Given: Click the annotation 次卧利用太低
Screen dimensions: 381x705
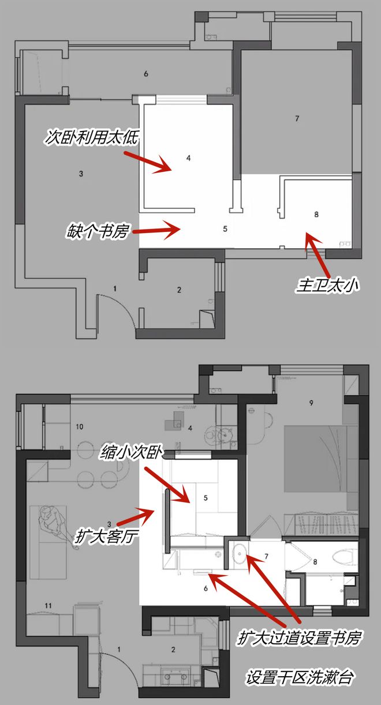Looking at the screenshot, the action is click(x=92, y=137).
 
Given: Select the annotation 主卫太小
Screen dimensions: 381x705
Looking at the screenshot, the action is click(x=327, y=285).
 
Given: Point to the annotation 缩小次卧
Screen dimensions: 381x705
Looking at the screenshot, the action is click(x=132, y=452).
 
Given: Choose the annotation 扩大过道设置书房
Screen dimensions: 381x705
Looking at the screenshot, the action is click(x=299, y=638).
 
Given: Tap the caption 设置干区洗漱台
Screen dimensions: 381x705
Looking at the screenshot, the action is click(x=299, y=677).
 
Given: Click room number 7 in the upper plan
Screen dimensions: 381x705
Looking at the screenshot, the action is click(x=297, y=118).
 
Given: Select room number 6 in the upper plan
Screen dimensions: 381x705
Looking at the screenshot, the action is click(x=146, y=74).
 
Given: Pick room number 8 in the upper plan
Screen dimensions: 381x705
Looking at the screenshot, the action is click(x=316, y=215).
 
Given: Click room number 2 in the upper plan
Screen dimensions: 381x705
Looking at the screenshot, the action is click(x=179, y=290).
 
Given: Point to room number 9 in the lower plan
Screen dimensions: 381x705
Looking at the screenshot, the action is click(x=311, y=403).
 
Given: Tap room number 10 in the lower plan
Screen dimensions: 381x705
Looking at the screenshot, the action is click(x=79, y=426).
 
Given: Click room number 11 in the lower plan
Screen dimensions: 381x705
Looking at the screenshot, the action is click(x=48, y=605).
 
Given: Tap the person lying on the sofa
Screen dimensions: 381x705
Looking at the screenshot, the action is click(x=56, y=523).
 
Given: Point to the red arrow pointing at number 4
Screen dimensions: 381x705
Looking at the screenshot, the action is click(x=147, y=162).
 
